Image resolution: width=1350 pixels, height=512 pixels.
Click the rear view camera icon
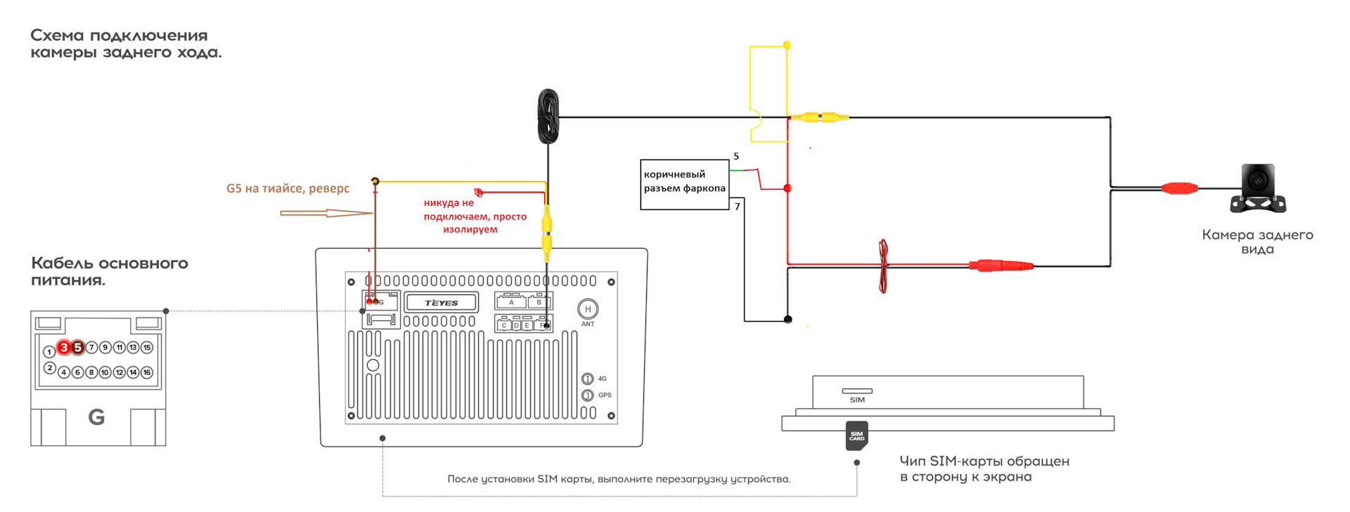(1258, 188)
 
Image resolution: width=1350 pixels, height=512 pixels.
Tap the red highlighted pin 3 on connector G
(64, 347)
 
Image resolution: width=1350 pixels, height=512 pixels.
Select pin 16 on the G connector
(147, 372)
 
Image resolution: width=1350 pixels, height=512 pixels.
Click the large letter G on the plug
(96, 418)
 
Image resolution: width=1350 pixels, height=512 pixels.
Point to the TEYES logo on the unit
(441, 303)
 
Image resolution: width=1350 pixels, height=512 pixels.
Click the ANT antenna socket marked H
(588, 309)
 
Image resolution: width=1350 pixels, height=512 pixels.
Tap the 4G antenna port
(588, 379)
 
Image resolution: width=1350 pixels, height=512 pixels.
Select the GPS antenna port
(588, 395)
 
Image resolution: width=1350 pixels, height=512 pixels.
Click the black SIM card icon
(856, 435)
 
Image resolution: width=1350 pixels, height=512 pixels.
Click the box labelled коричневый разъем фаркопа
(684, 184)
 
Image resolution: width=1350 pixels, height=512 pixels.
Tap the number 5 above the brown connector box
(736, 156)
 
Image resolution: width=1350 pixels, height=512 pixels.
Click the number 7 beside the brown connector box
(737, 206)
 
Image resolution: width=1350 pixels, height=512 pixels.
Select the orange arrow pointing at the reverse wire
(326, 213)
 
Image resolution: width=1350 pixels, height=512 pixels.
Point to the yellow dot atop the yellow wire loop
(787, 45)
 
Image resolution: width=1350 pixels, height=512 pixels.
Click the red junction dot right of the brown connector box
(787, 188)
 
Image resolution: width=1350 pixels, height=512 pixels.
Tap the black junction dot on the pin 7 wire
(787, 320)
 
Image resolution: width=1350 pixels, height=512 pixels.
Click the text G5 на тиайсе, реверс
(288, 188)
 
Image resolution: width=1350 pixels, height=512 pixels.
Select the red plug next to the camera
(1179, 188)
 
